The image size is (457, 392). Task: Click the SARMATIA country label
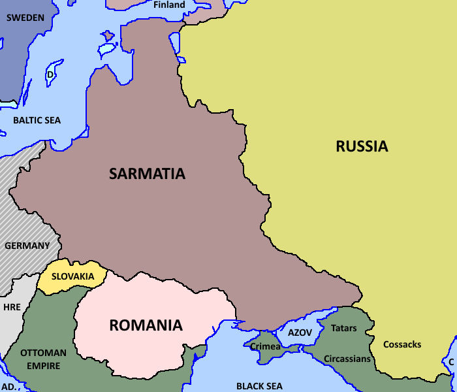(x=147, y=174)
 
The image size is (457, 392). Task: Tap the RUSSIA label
(x=362, y=146)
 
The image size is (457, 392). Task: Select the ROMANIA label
(x=146, y=325)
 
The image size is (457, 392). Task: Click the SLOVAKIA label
(x=72, y=276)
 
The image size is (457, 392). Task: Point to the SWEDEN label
(x=25, y=18)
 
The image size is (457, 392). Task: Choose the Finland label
(x=169, y=5)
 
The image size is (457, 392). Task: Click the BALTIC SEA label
(x=37, y=120)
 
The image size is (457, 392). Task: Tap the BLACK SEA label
(x=259, y=386)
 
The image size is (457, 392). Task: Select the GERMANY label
(x=27, y=246)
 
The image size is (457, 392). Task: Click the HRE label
(x=12, y=307)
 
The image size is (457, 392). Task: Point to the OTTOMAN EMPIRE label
(x=43, y=359)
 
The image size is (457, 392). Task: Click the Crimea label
(x=265, y=346)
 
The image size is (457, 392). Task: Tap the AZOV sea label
(x=300, y=333)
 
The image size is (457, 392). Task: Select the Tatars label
(x=344, y=328)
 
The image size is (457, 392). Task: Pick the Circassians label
(x=347, y=359)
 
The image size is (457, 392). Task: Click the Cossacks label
(x=402, y=344)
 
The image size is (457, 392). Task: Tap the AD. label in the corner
(x=10, y=387)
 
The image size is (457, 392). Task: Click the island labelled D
(x=50, y=74)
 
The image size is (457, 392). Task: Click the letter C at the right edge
(x=450, y=362)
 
